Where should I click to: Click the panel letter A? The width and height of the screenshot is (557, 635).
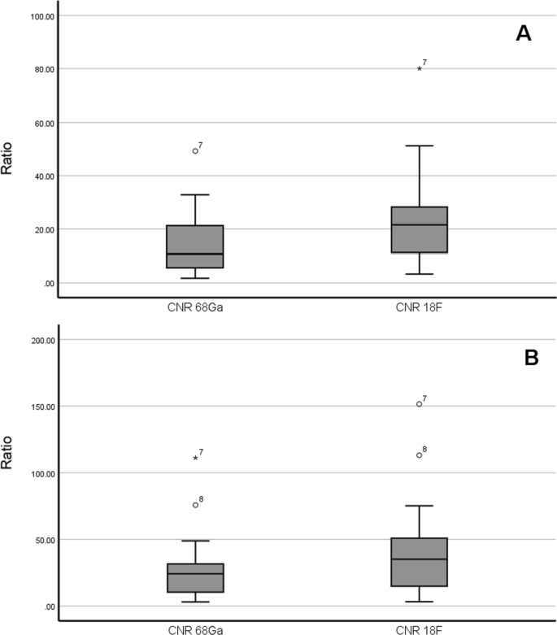(x=523, y=33)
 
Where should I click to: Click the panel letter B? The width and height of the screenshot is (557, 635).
(x=531, y=358)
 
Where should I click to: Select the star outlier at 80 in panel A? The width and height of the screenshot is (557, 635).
(x=420, y=69)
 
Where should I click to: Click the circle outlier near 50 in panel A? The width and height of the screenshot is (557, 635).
(x=195, y=151)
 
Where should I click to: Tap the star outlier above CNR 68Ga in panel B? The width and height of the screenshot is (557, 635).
(x=195, y=459)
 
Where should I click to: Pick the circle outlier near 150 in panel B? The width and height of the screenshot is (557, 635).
(x=420, y=404)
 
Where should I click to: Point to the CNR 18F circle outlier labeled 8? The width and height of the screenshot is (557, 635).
(x=420, y=455)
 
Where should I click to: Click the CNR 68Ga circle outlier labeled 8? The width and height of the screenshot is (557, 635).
(x=195, y=505)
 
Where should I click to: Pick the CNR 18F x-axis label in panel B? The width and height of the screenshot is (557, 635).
(x=420, y=628)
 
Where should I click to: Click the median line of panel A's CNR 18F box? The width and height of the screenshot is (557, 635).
(x=420, y=224)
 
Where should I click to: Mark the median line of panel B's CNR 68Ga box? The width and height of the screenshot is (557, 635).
(x=195, y=574)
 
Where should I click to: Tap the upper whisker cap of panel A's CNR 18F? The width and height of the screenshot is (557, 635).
(x=420, y=146)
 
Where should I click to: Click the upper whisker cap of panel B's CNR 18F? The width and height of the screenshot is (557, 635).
(x=420, y=506)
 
